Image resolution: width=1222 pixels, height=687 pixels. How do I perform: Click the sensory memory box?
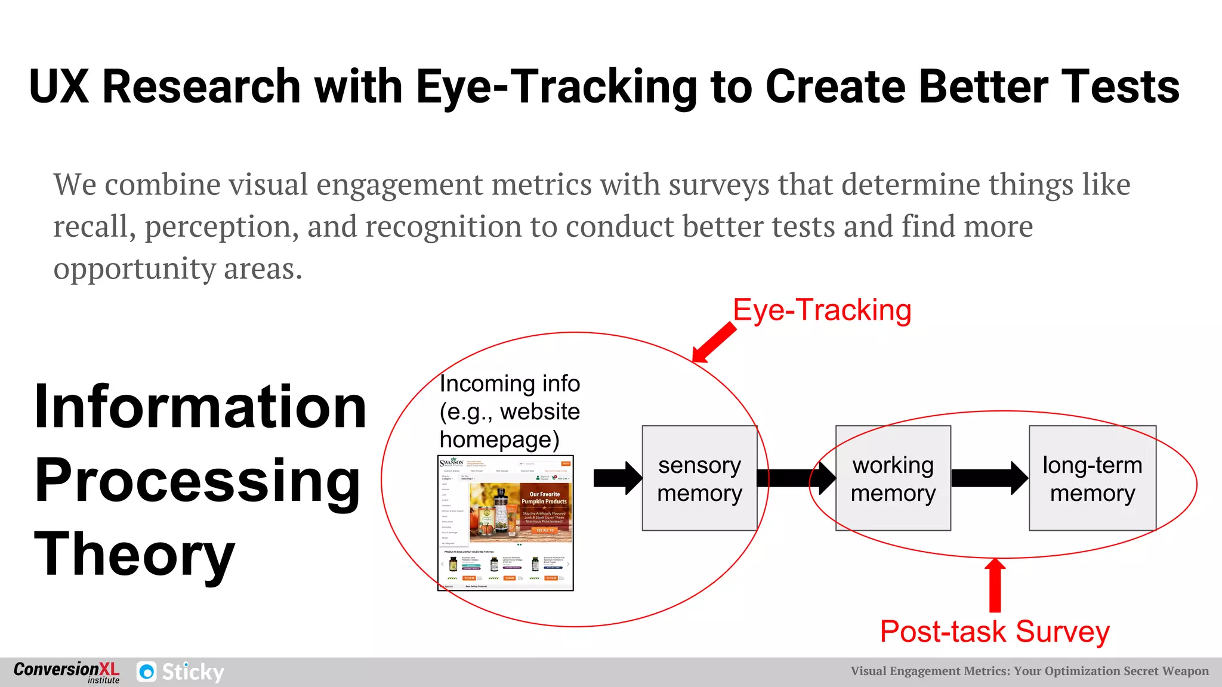tap(699, 478)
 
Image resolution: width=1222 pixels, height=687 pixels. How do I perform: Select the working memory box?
tap(893, 478)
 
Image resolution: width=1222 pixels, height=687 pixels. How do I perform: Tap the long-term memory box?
tap(1092, 478)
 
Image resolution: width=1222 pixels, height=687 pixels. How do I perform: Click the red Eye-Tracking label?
tap(822, 310)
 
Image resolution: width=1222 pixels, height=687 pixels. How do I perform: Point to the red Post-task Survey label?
tap(994, 632)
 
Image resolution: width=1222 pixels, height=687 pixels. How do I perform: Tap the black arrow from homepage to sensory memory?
tap(617, 478)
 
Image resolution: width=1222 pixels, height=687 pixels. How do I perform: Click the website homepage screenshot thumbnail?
tap(505, 523)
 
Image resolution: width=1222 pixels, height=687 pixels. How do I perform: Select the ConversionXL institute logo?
tap(66, 671)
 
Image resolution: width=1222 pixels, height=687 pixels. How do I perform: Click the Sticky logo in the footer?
tap(180, 672)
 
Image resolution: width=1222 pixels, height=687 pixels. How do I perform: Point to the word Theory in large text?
tap(135, 555)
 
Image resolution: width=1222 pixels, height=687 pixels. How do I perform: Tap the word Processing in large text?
tap(197, 481)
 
